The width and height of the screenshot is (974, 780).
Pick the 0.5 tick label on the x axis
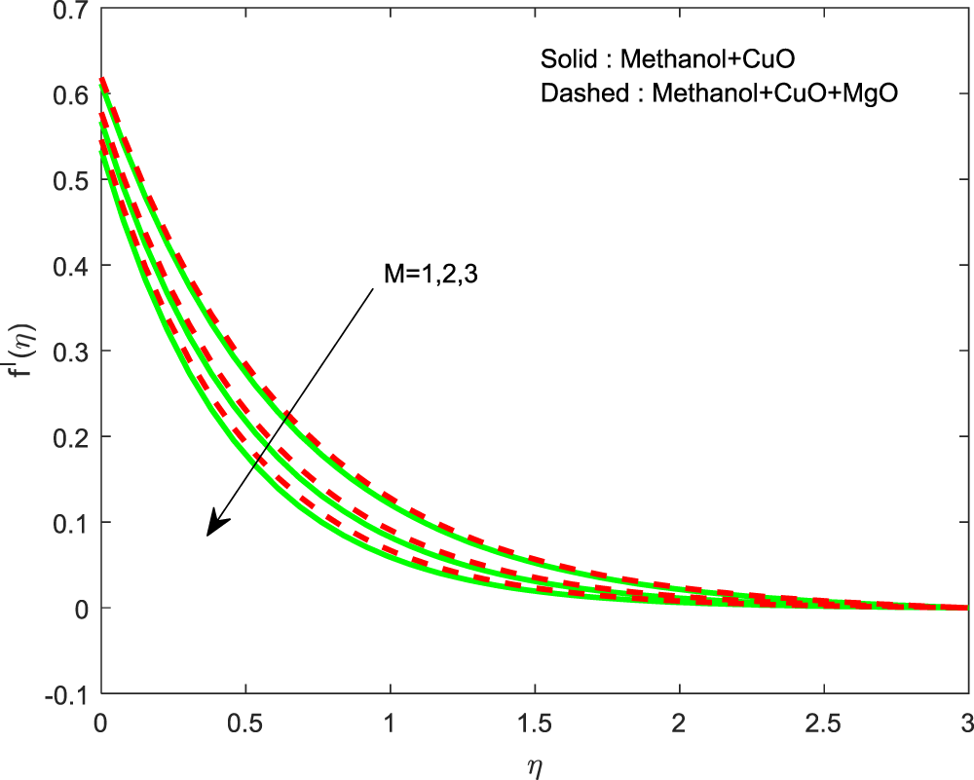(x=244, y=723)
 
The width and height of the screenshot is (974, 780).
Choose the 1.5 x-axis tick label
(x=534, y=723)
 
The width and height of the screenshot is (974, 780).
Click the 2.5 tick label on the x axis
(x=823, y=723)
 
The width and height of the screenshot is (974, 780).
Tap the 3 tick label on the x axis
(x=967, y=723)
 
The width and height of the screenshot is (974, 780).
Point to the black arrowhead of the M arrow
(x=215, y=526)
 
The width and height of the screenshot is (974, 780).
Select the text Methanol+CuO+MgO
(x=774, y=93)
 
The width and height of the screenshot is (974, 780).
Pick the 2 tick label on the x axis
(x=679, y=723)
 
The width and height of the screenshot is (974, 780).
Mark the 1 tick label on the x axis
(x=390, y=723)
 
